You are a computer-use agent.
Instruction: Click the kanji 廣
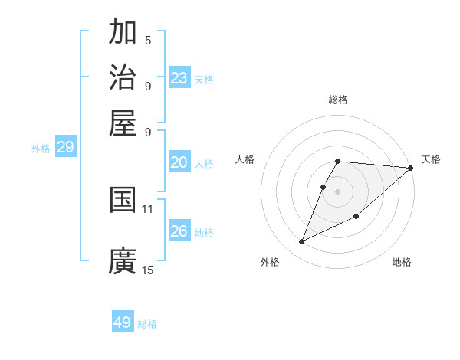pos(123,260)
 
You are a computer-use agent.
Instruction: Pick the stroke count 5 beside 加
pos(148,41)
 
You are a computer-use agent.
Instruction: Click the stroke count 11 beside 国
pos(148,208)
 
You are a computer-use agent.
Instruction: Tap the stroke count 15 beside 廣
pos(148,270)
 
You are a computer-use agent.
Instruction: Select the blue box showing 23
pos(179,78)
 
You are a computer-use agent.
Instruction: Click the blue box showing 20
pos(179,162)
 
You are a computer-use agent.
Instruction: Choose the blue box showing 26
pos(179,231)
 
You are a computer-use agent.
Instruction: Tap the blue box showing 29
pos(65,148)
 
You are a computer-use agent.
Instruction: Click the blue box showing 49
pos(123,322)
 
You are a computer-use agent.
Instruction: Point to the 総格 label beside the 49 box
pos(147,324)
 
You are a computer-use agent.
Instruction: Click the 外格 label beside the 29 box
pos(41,149)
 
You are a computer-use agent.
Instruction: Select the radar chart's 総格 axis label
pos(338,100)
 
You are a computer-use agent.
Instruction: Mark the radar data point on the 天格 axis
pos(410,169)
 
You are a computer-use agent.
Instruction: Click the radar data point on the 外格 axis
pos(302,242)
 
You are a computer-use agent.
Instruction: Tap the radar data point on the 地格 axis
pos(356,217)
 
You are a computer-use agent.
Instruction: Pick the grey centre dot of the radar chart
pos(338,191)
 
